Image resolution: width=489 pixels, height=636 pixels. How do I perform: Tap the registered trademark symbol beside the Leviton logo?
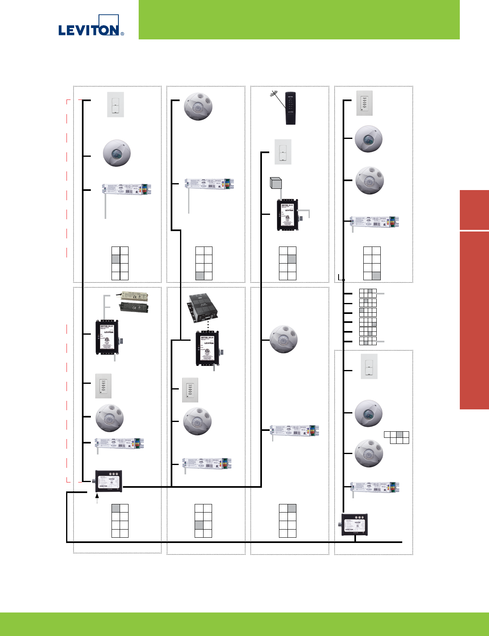tap(122, 34)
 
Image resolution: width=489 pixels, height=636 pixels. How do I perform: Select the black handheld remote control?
tap(290, 108)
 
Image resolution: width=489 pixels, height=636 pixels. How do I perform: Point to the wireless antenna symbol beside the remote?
tap(275, 95)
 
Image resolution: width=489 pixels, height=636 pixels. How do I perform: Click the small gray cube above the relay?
tap(276, 183)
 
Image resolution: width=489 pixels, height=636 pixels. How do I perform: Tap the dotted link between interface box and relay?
tap(208, 326)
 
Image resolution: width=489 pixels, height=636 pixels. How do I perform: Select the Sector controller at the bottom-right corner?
tap(354, 524)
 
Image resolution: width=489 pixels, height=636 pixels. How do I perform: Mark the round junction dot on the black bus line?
tap(343, 280)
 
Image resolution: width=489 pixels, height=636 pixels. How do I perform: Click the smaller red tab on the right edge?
tap(474, 210)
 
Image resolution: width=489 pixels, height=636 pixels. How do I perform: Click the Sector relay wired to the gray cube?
tap(288, 215)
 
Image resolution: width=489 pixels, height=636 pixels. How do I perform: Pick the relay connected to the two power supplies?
tap(107, 337)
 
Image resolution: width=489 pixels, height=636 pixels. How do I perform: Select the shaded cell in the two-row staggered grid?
tap(400, 435)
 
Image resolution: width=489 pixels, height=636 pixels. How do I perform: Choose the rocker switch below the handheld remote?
tap(283, 152)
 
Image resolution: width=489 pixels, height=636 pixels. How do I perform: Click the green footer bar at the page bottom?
tap(244, 624)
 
